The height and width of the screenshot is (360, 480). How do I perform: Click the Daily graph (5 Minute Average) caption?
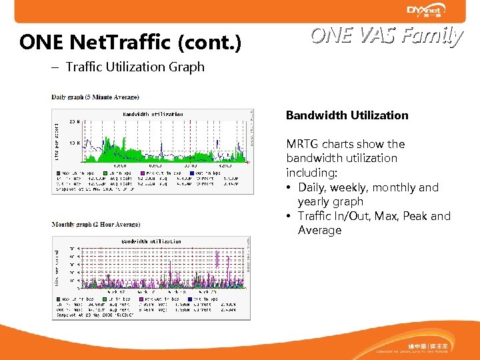click(95, 97)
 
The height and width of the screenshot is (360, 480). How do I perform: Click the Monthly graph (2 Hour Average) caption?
click(96, 225)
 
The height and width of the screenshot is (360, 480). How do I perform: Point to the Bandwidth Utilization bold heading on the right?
click(347, 115)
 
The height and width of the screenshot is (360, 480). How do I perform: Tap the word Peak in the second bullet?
click(417, 216)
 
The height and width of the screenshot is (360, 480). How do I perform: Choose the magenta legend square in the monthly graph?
click(141, 299)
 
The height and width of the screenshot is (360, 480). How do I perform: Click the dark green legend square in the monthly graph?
click(57, 299)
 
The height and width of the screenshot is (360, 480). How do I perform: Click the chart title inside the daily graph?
click(153, 114)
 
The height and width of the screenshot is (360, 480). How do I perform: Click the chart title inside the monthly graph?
click(150, 241)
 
